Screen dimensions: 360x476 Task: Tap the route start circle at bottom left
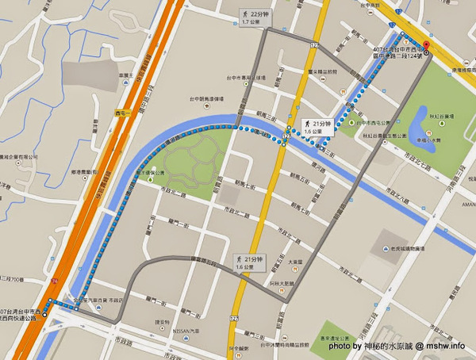pos(45,314)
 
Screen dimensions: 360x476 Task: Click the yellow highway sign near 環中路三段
pos(124,114)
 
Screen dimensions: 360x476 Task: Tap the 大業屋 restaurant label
pos(296,261)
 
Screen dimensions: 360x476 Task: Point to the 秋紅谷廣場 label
pos(440,115)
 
